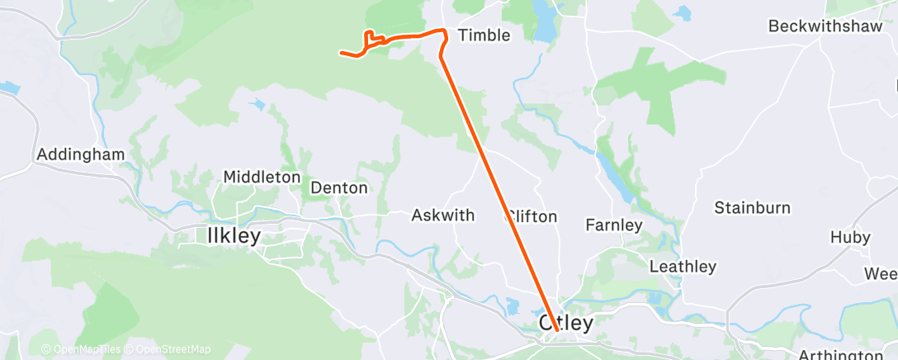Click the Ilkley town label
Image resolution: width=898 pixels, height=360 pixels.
click(233, 235)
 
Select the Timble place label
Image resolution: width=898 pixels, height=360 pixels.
click(484, 35)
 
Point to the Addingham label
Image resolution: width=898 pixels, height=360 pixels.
click(81, 154)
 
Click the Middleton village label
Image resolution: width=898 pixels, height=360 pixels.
click(262, 177)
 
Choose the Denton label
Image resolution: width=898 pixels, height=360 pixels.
click(338, 187)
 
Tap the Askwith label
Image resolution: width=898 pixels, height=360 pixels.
click(443, 216)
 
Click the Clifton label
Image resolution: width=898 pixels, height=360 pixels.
click(533, 217)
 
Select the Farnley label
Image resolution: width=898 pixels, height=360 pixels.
click(613, 225)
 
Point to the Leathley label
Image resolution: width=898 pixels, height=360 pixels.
click(683, 267)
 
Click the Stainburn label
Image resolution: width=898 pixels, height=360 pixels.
click(752, 207)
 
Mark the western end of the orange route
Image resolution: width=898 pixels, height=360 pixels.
click(341, 54)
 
